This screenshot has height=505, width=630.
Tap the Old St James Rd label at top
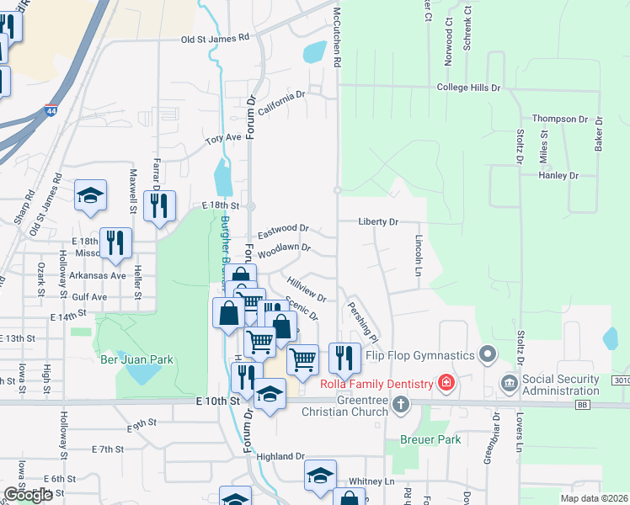(x=216, y=38)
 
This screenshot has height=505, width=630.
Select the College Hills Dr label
(x=468, y=88)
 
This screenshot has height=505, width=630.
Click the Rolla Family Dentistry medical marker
(x=446, y=385)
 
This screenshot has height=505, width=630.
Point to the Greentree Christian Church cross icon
(x=400, y=405)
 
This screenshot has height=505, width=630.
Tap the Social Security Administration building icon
(x=510, y=384)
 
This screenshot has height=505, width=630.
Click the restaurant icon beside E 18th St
(x=158, y=205)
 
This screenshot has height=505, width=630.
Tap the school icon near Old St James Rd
(x=89, y=196)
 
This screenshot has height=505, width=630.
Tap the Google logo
(x=29, y=495)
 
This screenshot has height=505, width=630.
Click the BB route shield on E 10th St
(x=582, y=405)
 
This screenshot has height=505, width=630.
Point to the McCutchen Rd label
(x=336, y=34)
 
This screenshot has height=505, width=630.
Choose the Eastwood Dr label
(x=283, y=228)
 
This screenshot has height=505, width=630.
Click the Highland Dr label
(x=280, y=456)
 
